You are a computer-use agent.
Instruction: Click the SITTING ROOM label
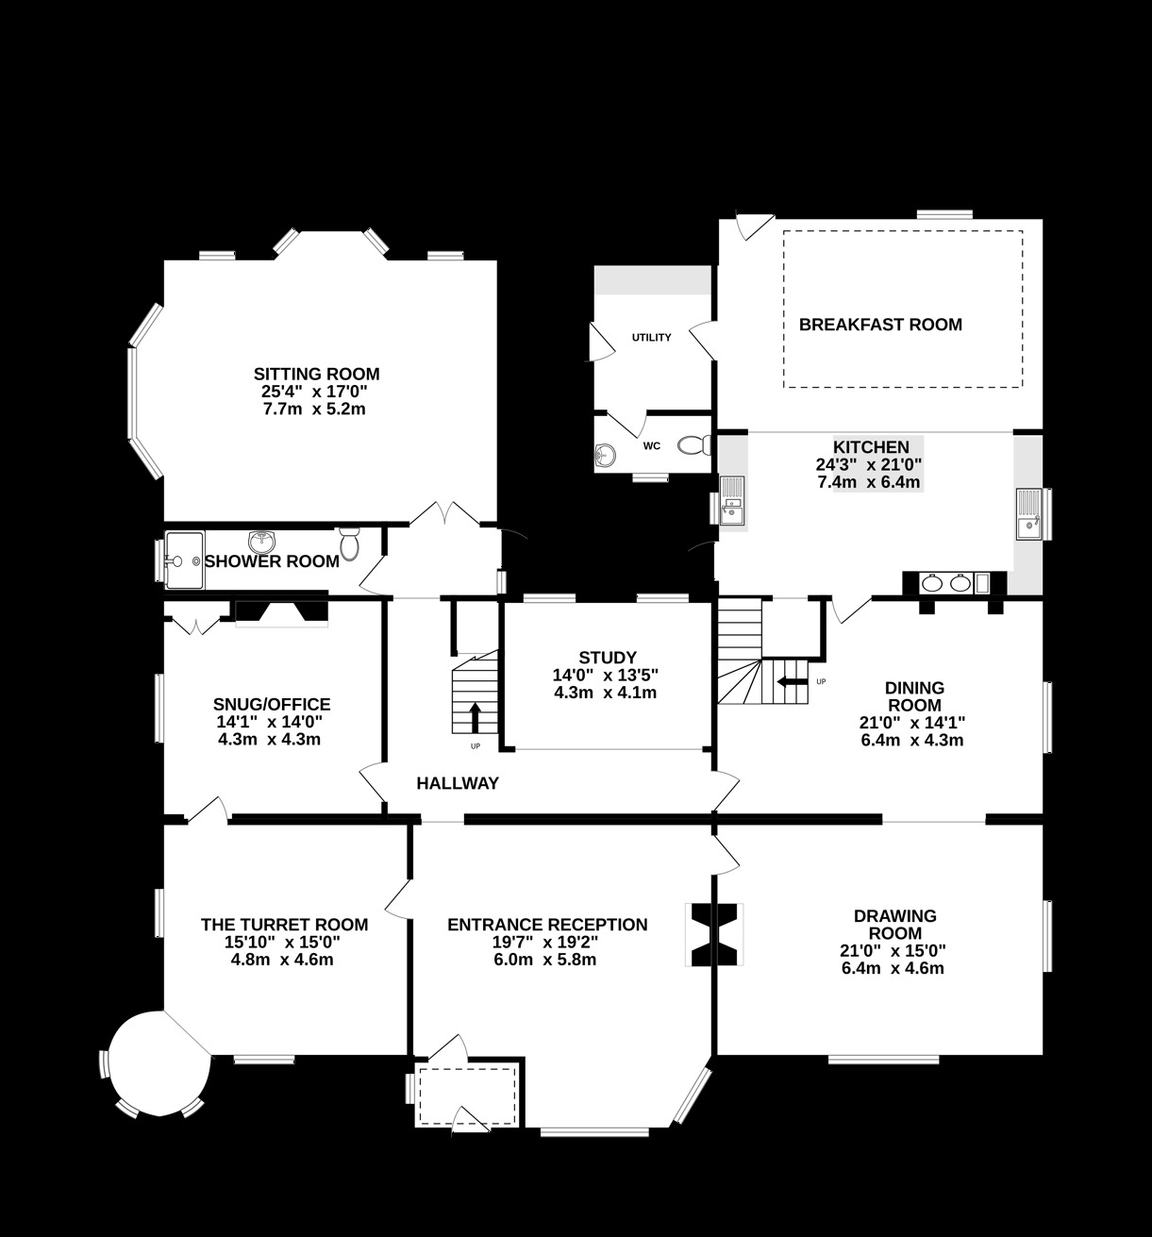tap(316, 374)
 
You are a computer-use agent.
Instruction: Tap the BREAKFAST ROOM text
tap(880, 326)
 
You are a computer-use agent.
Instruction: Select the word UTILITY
tap(651, 338)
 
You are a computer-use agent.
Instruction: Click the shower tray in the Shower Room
tap(183, 559)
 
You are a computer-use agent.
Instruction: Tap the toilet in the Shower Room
tap(350, 543)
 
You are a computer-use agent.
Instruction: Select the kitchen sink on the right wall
tap(1028, 513)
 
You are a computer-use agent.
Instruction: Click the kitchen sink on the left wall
tap(731, 501)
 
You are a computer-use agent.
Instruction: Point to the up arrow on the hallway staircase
tap(474, 716)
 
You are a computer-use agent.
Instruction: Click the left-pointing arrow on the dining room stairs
tap(792, 681)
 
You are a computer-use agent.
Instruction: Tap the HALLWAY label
tap(458, 783)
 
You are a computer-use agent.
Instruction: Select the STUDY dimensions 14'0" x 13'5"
tap(607, 676)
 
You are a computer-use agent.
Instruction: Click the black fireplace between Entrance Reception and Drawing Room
tap(713, 935)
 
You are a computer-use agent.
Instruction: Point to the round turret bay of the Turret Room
tap(159, 1062)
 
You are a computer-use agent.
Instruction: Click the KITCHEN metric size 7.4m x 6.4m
tap(869, 482)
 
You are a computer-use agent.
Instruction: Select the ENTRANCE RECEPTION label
tap(547, 925)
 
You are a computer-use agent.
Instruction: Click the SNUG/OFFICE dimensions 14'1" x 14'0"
tap(270, 722)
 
